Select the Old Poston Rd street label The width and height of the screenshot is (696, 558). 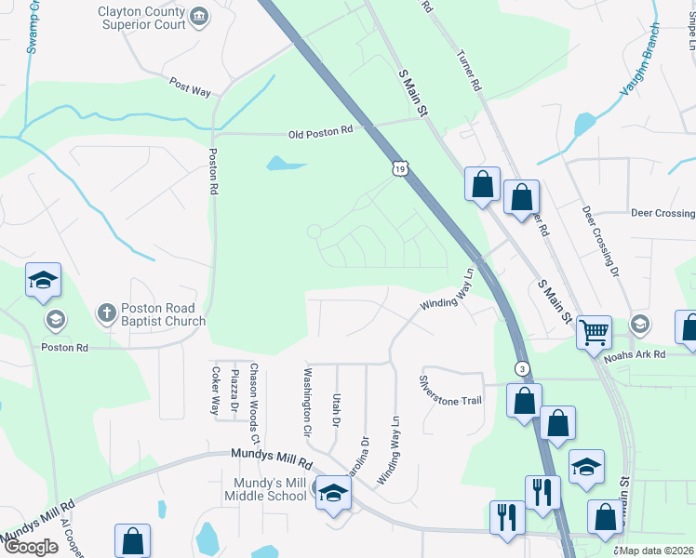[320, 132]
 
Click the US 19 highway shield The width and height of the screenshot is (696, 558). [399, 168]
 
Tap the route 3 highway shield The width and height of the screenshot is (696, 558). [522, 368]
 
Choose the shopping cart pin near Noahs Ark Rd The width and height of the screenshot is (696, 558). [594, 331]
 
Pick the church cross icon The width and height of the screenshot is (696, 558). [107, 312]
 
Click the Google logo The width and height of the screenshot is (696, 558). [30, 547]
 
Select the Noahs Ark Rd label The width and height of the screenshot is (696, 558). [634, 354]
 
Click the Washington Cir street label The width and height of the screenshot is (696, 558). [306, 402]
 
